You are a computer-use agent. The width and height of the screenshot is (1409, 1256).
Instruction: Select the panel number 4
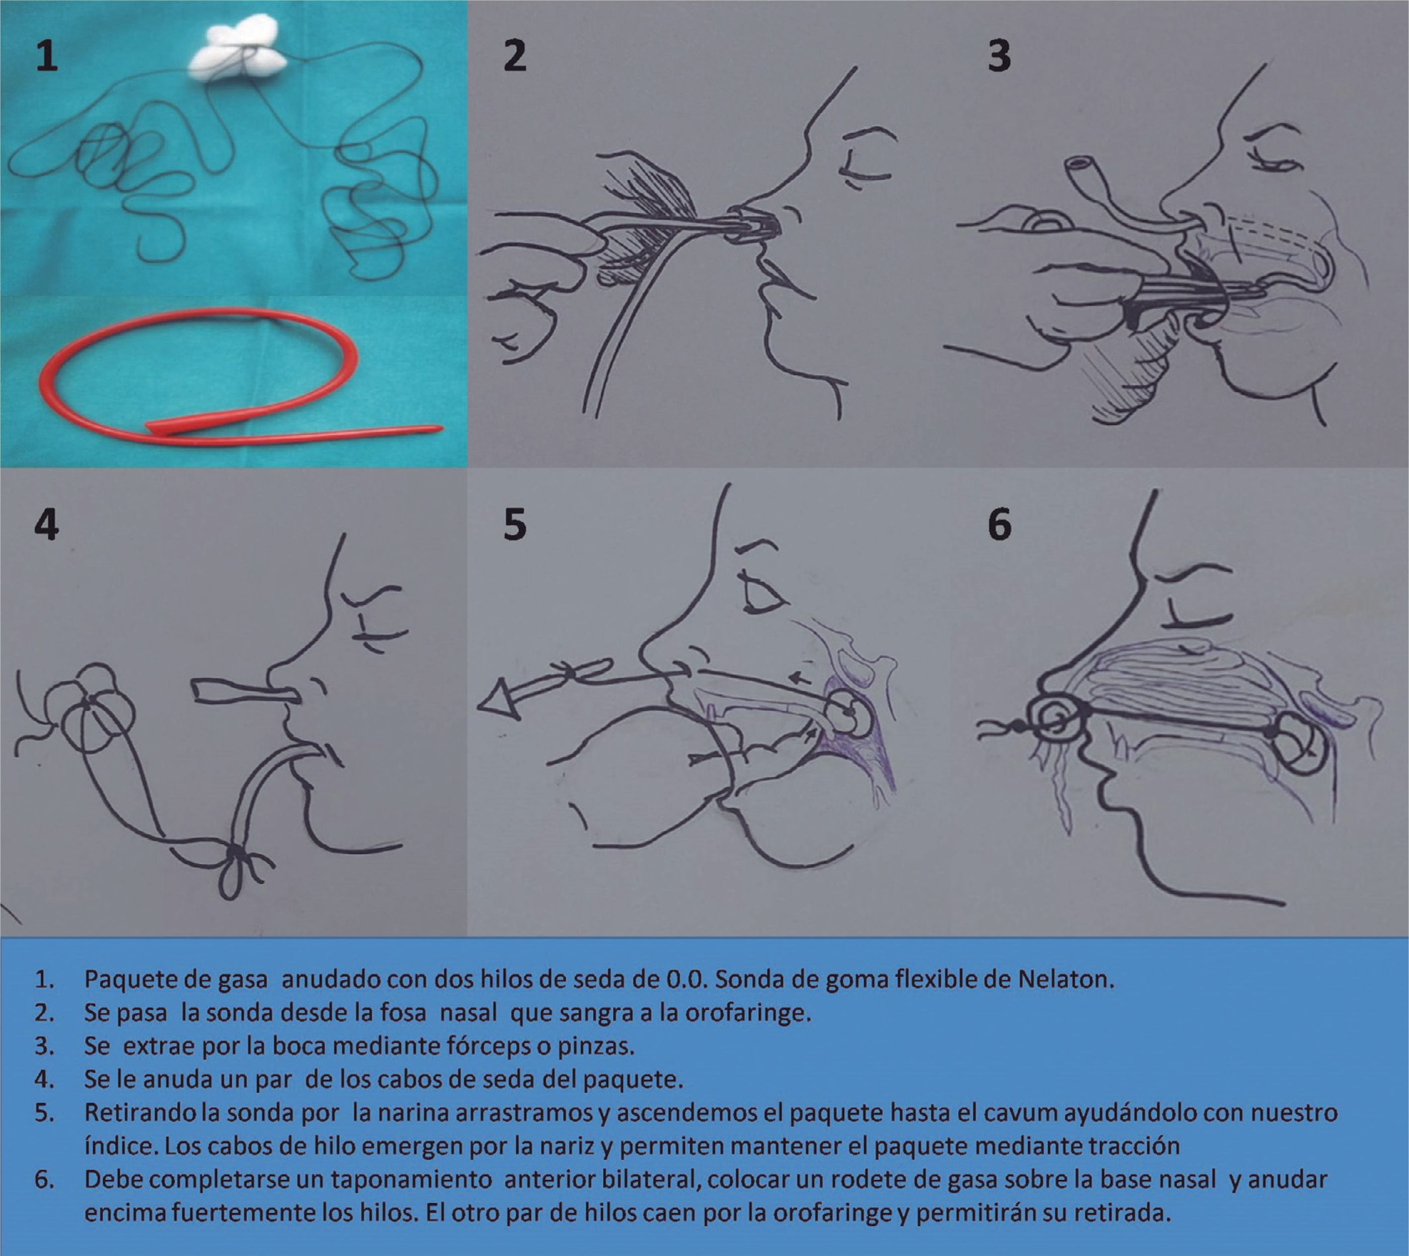coord(46,525)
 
